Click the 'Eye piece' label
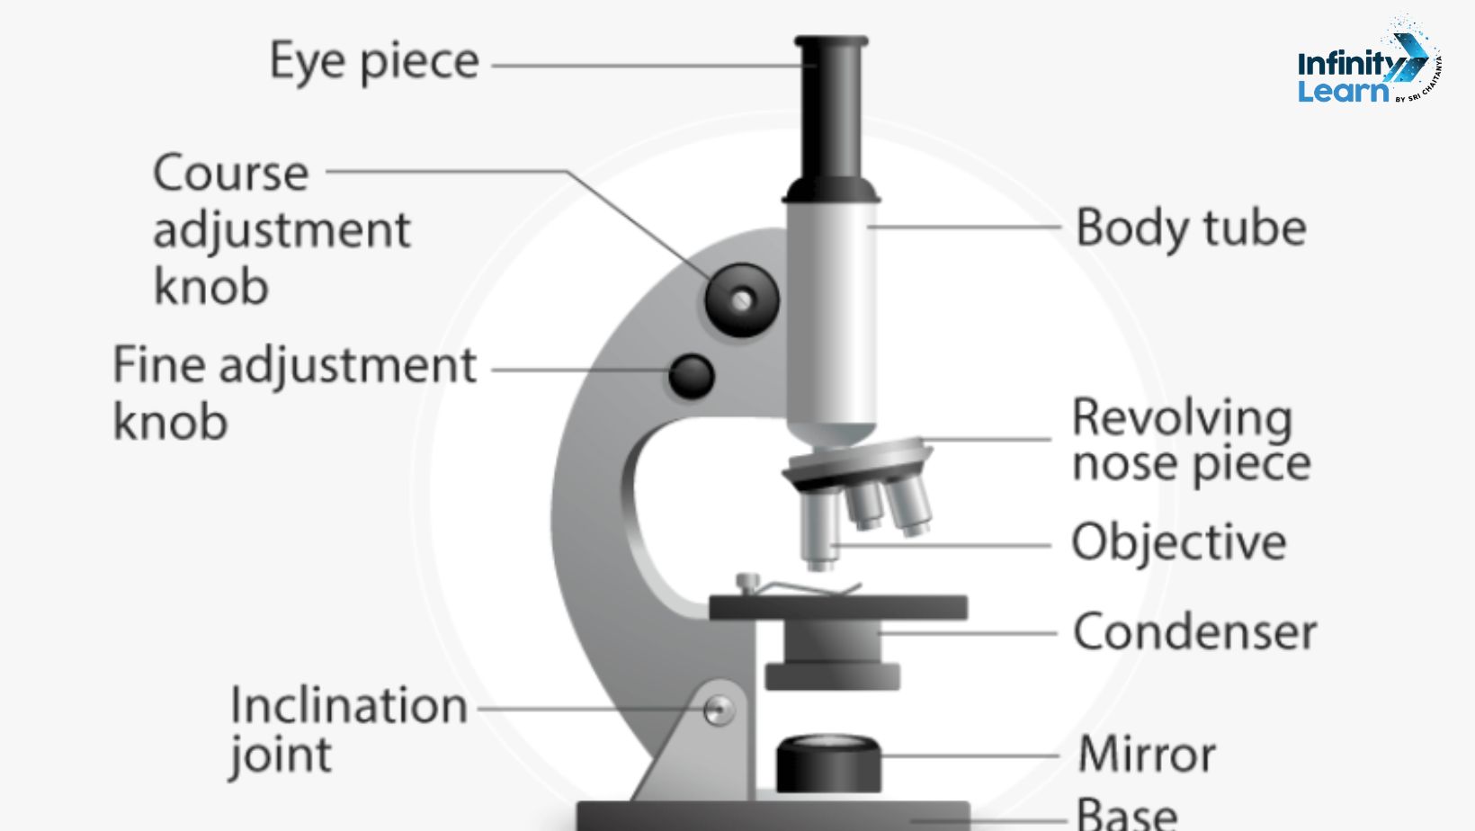374,62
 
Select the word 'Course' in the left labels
230,173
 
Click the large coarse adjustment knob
741,300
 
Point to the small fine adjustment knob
691,377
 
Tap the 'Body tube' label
1190,228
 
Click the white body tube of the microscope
831,315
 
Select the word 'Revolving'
1182,418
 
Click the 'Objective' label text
1178,542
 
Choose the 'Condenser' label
1194,632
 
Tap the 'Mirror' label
1147,754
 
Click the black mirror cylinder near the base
827,764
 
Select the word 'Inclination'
349,705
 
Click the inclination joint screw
718,710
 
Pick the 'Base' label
1127,813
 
